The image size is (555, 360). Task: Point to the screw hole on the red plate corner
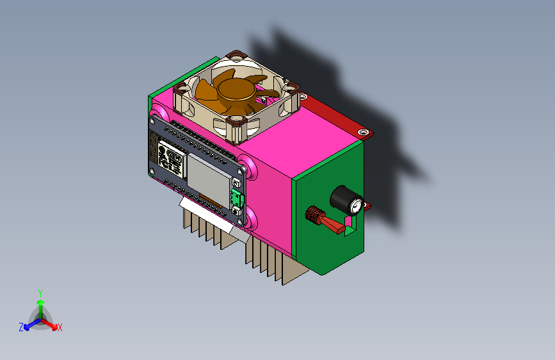pyautogui.click(x=364, y=133)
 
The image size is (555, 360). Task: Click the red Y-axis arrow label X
pyautogui.click(x=60, y=327)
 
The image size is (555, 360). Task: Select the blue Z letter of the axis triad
pyautogui.click(x=21, y=327)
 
